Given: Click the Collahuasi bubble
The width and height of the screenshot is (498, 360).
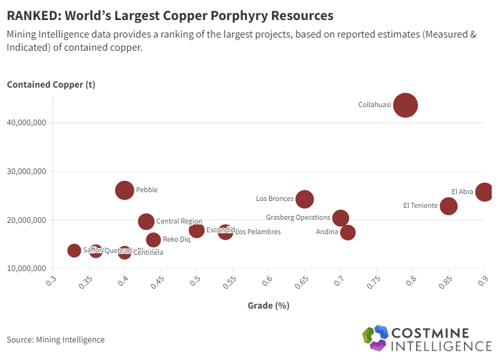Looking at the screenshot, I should tap(405, 105).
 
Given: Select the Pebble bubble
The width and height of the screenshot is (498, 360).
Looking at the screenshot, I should tap(125, 190).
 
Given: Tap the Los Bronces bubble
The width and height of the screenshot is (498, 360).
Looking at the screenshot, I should tap(304, 199).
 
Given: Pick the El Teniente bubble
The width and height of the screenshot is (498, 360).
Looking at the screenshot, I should tap(449, 206).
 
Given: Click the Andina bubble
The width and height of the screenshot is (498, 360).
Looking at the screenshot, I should tap(348, 232).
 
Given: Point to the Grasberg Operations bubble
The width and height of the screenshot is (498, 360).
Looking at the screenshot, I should tap(340, 218).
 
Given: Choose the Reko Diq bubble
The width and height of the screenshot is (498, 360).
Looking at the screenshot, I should tap(153, 240).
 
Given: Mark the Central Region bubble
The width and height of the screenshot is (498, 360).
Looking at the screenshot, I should tap(146, 221).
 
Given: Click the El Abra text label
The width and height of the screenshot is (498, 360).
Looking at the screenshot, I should tap(462, 192).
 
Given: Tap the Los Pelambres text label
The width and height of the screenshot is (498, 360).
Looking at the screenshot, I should tap(258, 232).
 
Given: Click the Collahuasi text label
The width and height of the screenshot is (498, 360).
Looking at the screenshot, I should tap(374, 105).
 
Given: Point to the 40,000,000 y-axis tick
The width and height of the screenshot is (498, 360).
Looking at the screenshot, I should tap(28, 123).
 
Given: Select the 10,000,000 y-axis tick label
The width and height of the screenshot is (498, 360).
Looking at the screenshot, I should tap(28, 269).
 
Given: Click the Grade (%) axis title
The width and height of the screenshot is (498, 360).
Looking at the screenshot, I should tap(268, 306).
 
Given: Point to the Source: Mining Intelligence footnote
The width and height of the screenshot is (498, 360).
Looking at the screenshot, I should tap(56, 340).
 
